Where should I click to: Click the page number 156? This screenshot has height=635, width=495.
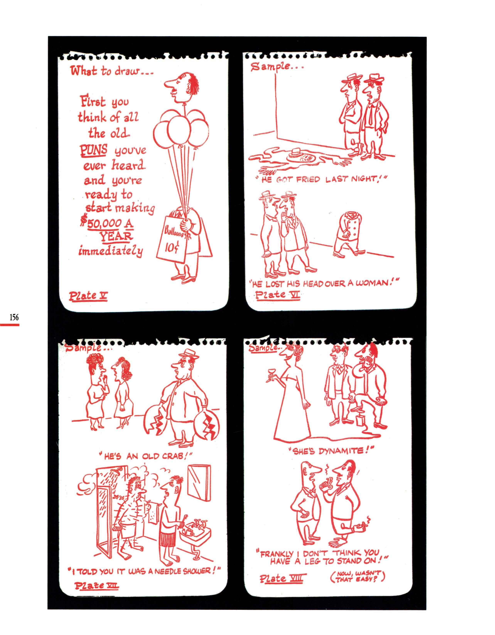(x=14, y=317)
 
